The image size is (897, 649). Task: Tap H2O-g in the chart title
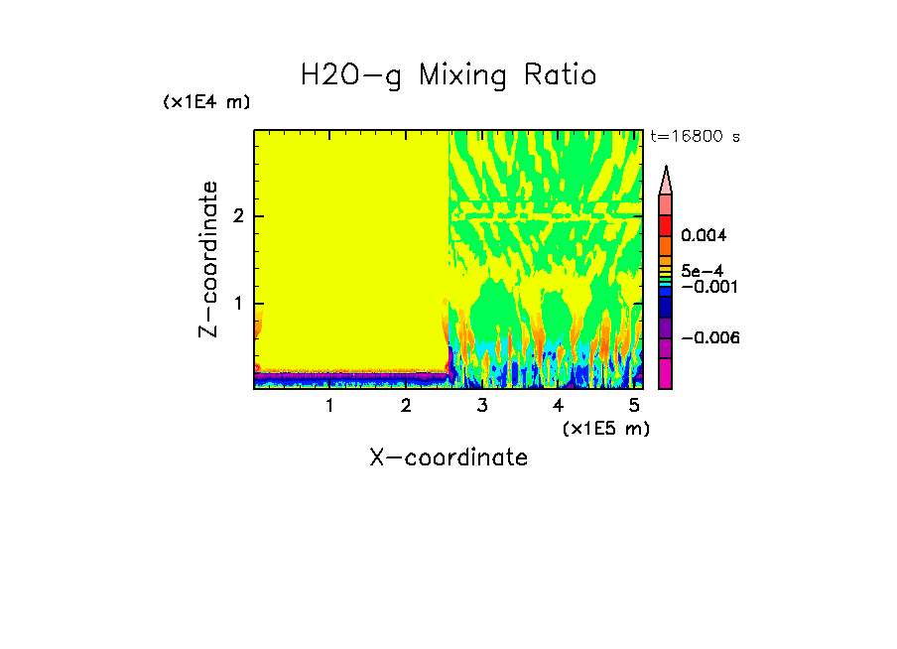click(x=351, y=76)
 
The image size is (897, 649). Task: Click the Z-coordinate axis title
click(x=208, y=260)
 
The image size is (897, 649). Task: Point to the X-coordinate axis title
click(x=448, y=457)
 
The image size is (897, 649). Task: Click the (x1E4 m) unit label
click(x=206, y=102)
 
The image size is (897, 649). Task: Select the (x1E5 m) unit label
click(x=605, y=428)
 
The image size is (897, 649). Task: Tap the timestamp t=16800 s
click(x=695, y=137)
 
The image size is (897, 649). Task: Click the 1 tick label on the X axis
click(x=329, y=406)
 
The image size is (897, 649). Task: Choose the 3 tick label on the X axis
click(x=482, y=406)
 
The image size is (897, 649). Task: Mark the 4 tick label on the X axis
click(x=559, y=406)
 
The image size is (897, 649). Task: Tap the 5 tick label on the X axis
click(x=634, y=406)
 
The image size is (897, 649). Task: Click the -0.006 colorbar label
click(x=710, y=338)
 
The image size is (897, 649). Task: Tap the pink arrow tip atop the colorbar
click(x=666, y=180)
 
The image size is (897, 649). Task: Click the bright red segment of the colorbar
click(x=666, y=224)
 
